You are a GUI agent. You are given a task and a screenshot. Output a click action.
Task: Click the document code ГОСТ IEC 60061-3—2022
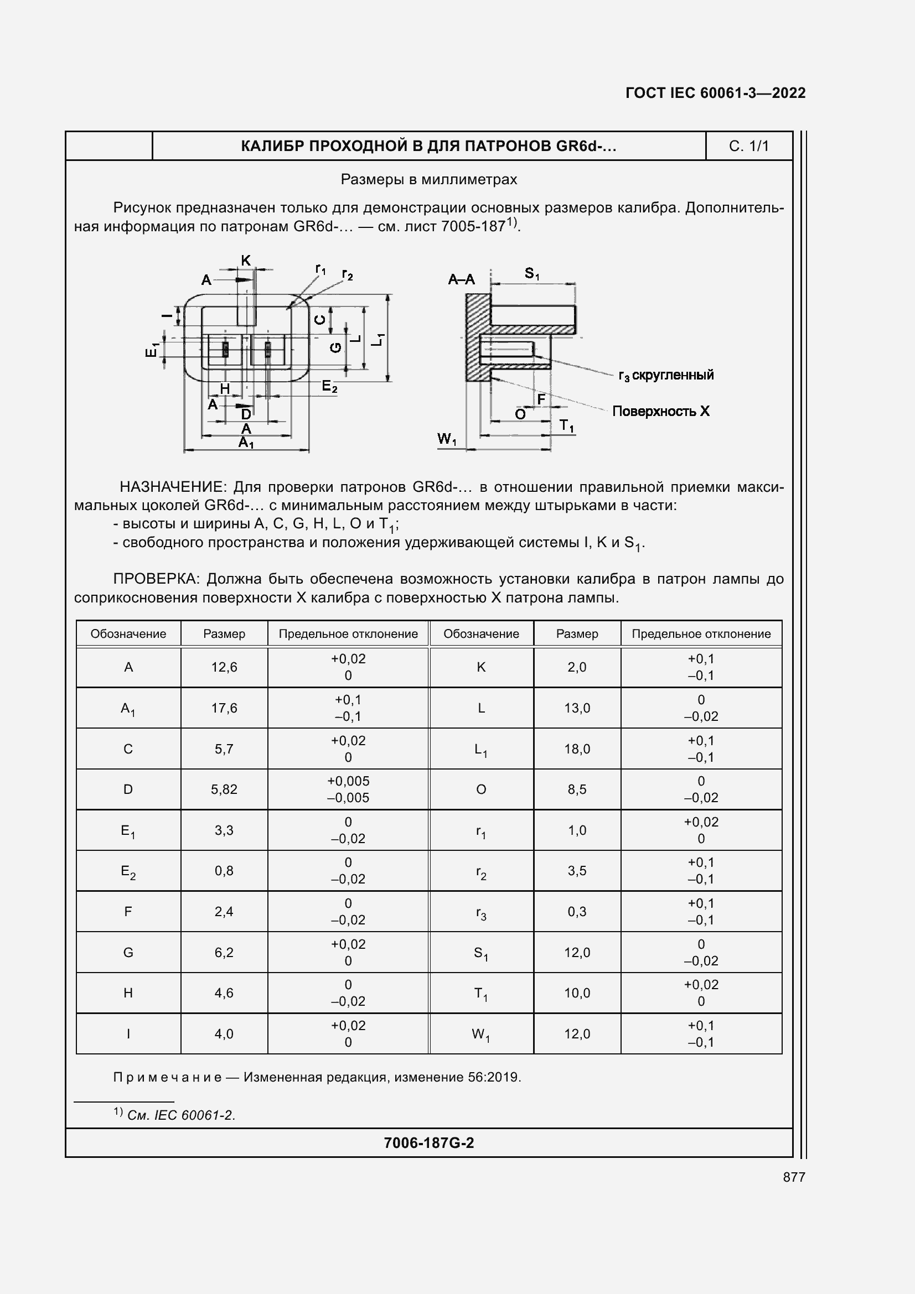[715, 93]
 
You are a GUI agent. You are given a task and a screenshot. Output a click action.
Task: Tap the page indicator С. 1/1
[748, 146]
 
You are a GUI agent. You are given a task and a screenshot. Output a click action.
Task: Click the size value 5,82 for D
[224, 789]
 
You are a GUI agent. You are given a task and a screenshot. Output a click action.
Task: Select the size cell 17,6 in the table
[224, 708]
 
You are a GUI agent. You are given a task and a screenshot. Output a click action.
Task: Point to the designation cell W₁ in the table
[480, 1034]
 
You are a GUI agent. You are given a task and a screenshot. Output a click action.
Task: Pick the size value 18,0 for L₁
[577, 749]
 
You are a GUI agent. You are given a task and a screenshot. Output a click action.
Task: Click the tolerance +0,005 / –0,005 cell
[348, 789]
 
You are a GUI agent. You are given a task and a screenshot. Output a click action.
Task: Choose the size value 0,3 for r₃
[577, 911]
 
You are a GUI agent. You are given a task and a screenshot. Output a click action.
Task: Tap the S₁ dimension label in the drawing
[531, 274]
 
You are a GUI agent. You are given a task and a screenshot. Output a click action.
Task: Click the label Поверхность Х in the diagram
[661, 412]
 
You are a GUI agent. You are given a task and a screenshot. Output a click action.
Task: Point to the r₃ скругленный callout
[666, 375]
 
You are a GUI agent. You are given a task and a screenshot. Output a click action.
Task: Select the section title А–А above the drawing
[461, 279]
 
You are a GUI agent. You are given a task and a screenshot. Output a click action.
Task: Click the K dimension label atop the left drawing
[246, 261]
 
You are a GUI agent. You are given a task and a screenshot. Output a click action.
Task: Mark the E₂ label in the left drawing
[329, 387]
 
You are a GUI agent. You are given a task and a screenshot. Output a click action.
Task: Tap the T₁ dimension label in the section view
[566, 426]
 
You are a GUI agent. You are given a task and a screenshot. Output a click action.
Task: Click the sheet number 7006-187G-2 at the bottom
[428, 1142]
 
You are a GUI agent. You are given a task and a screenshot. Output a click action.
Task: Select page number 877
[794, 1177]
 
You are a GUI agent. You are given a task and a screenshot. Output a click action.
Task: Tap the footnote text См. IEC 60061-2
[181, 1115]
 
